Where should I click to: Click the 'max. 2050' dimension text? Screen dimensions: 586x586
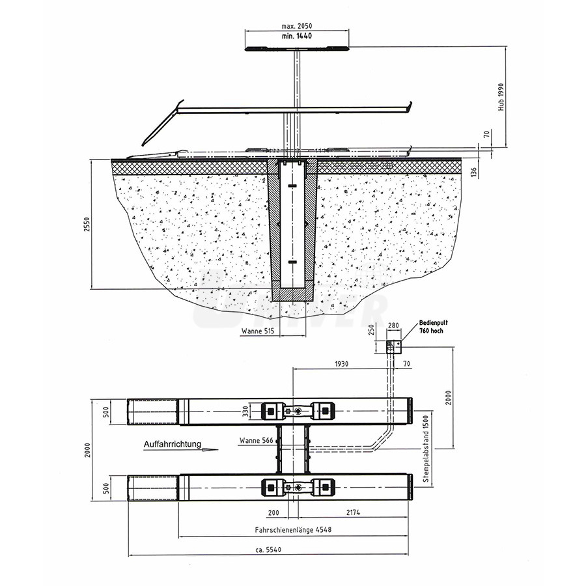point(296,26)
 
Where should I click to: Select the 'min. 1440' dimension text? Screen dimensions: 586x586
point(297,36)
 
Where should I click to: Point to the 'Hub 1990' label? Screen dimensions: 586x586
point(501,97)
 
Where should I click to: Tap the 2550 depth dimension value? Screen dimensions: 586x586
point(87,224)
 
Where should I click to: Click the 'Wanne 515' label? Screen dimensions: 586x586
point(258,331)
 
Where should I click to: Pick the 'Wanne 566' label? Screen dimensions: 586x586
point(257,441)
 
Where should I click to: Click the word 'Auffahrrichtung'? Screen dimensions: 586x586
point(173,444)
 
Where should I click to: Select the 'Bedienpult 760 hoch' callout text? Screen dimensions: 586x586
point(433,327)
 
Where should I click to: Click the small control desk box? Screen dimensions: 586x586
point(394,347)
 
